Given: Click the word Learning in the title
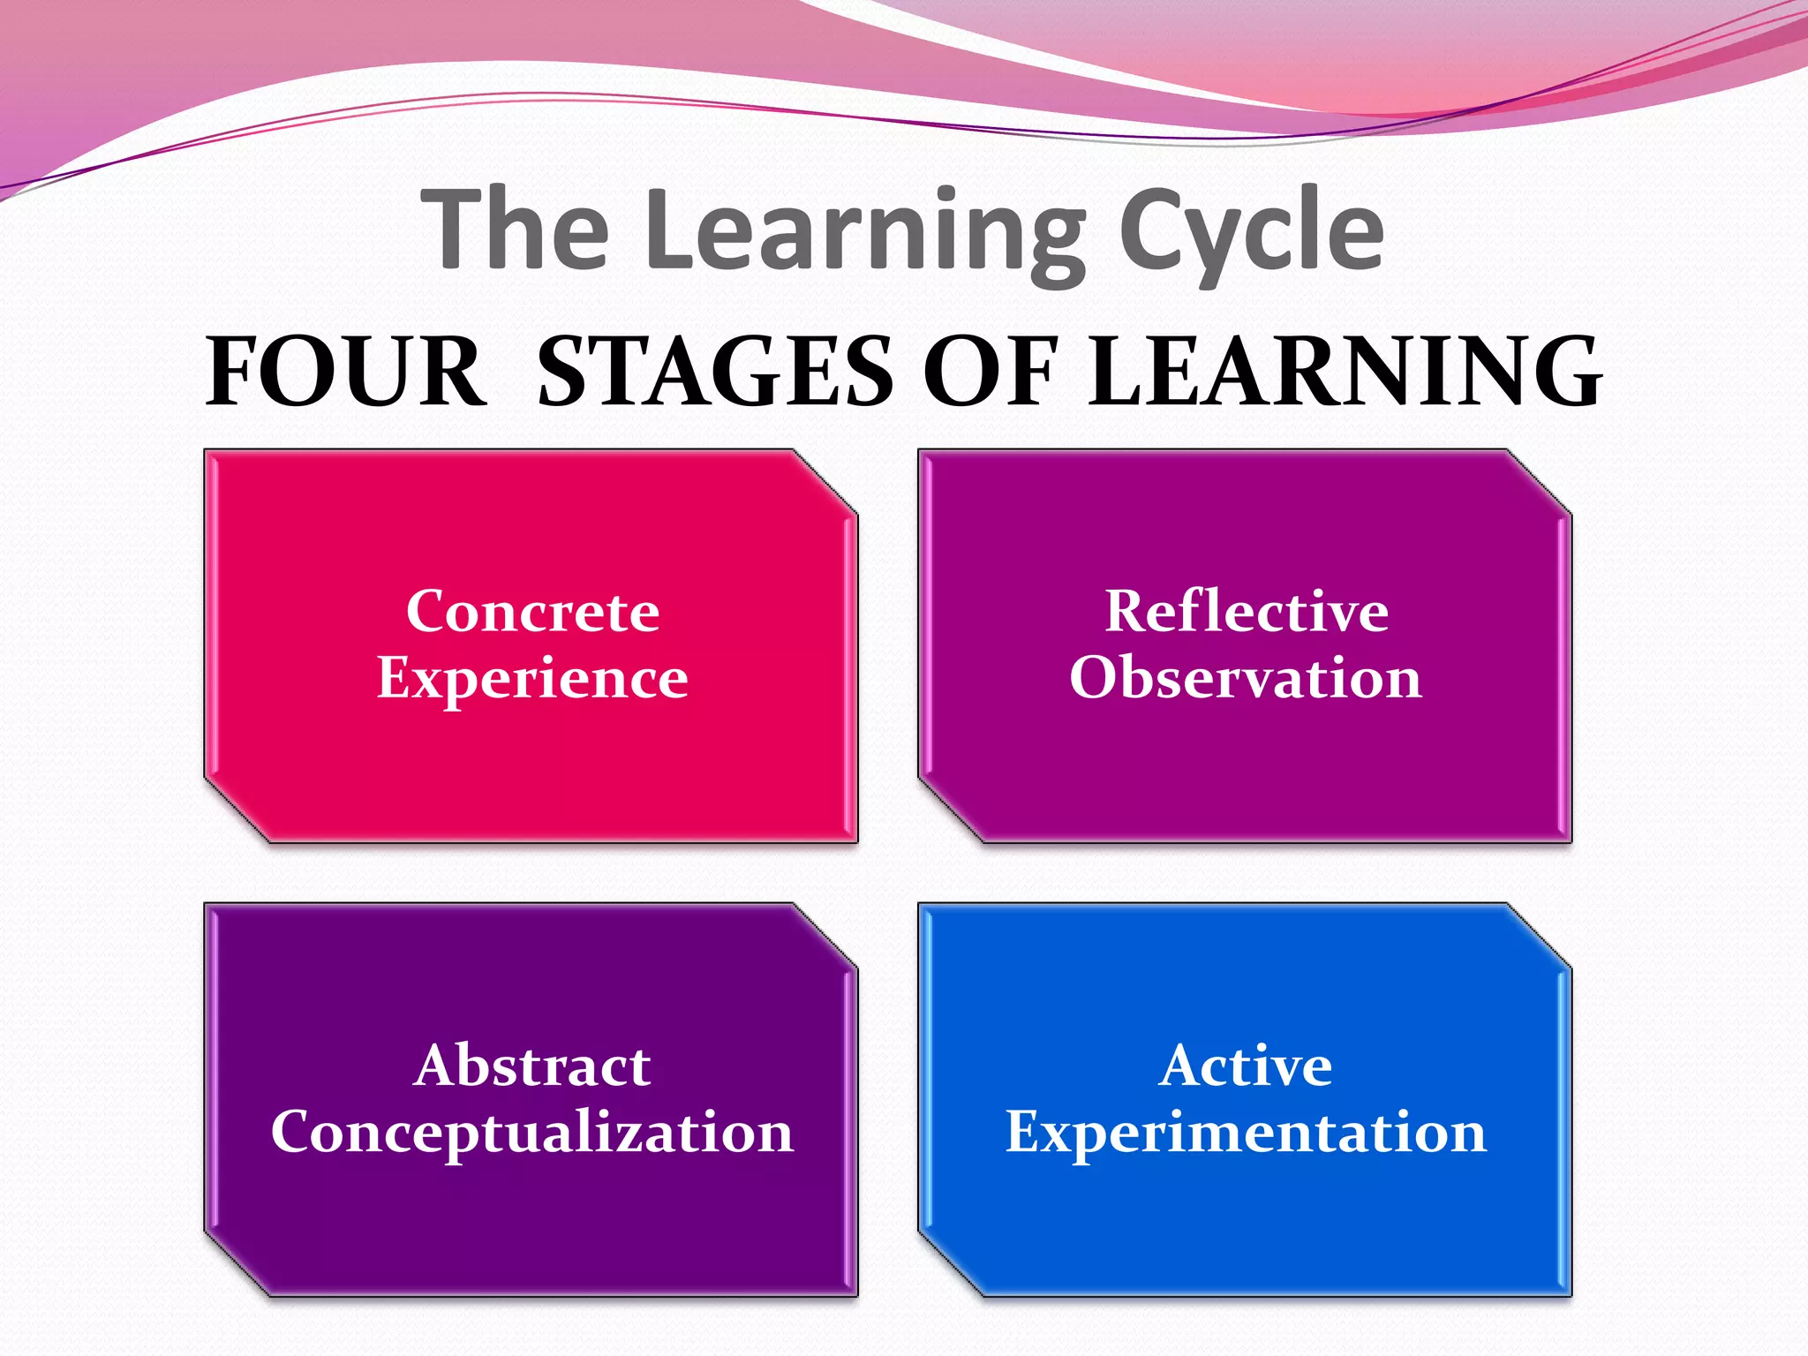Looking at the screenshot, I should tap(865, 231).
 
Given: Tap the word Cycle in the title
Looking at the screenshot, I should tap(1251, 231).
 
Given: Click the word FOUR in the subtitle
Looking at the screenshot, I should tap(345, 372).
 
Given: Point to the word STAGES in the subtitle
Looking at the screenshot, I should tap(715, 372).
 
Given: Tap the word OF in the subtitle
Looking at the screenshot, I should tap(990, 372).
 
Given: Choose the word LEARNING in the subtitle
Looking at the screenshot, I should tap(1345, 372).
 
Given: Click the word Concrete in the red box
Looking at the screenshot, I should tap(532, 611).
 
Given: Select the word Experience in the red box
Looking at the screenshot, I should tap(532, 678).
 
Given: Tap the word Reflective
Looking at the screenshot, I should tap(1247, 611).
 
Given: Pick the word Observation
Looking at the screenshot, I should tap(1246, 678).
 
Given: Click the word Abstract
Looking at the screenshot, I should tap(532, 1065).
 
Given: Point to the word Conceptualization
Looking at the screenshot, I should tap(532, 1132).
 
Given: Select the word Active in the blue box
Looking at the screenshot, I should tap(1246, 1065).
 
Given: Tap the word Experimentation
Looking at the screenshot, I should tap(1246, 1132).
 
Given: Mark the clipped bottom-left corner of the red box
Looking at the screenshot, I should tap(237, 810).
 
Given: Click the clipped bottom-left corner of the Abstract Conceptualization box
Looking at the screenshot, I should tap(237, 1263).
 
